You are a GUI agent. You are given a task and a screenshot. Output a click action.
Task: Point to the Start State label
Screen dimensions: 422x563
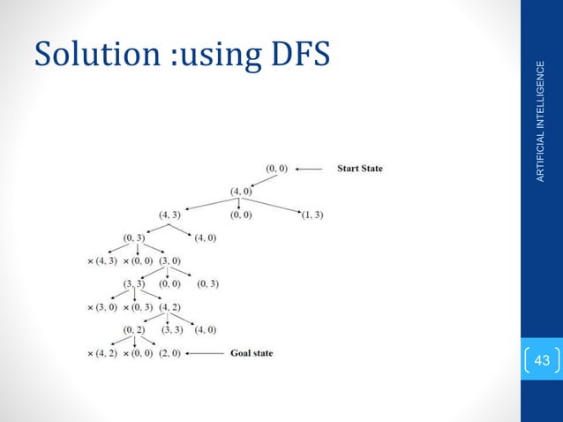point(359,168)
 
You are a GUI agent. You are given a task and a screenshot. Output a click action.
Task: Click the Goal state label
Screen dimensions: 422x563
point(251,353)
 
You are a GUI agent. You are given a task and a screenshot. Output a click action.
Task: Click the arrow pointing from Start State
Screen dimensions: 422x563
point(312,168)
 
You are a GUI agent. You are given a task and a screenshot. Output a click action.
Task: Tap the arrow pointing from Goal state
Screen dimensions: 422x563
point(205,353)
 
